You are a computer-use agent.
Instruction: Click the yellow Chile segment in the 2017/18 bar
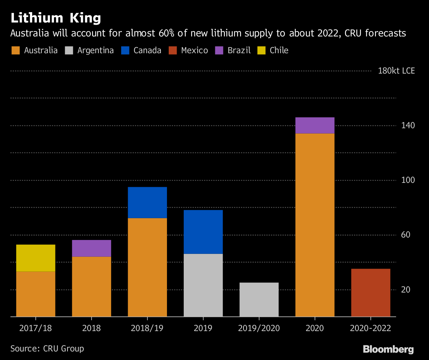[x=36, y=258]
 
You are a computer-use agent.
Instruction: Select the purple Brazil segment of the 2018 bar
[x=92, y=248]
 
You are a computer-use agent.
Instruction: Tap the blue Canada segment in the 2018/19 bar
[x=147, y=202]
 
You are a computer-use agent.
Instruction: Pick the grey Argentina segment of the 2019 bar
[x=203, y=285]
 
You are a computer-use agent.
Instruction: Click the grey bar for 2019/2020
[x=259, y=299]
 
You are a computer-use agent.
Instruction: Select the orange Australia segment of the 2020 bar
[x=315, y=225]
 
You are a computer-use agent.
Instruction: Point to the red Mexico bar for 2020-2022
[x=371, y=292]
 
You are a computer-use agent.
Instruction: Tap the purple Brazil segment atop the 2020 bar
[x=315, y=125]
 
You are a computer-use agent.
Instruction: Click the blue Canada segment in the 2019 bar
[x=203, y=232]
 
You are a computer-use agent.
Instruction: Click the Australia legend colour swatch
[x=15, y=50]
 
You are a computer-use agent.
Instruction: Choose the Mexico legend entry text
[x=194, y=50]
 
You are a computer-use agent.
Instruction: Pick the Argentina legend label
[x=95, y=50]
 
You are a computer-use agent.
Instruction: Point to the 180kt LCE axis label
[x=396, y=71]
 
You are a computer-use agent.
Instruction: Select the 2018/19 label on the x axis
[x=147, y=328]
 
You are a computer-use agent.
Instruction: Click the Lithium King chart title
[x=56, y=18]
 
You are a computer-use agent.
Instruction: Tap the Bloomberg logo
[x=388, y=349]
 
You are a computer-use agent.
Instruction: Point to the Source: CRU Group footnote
[x=47, y=348]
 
